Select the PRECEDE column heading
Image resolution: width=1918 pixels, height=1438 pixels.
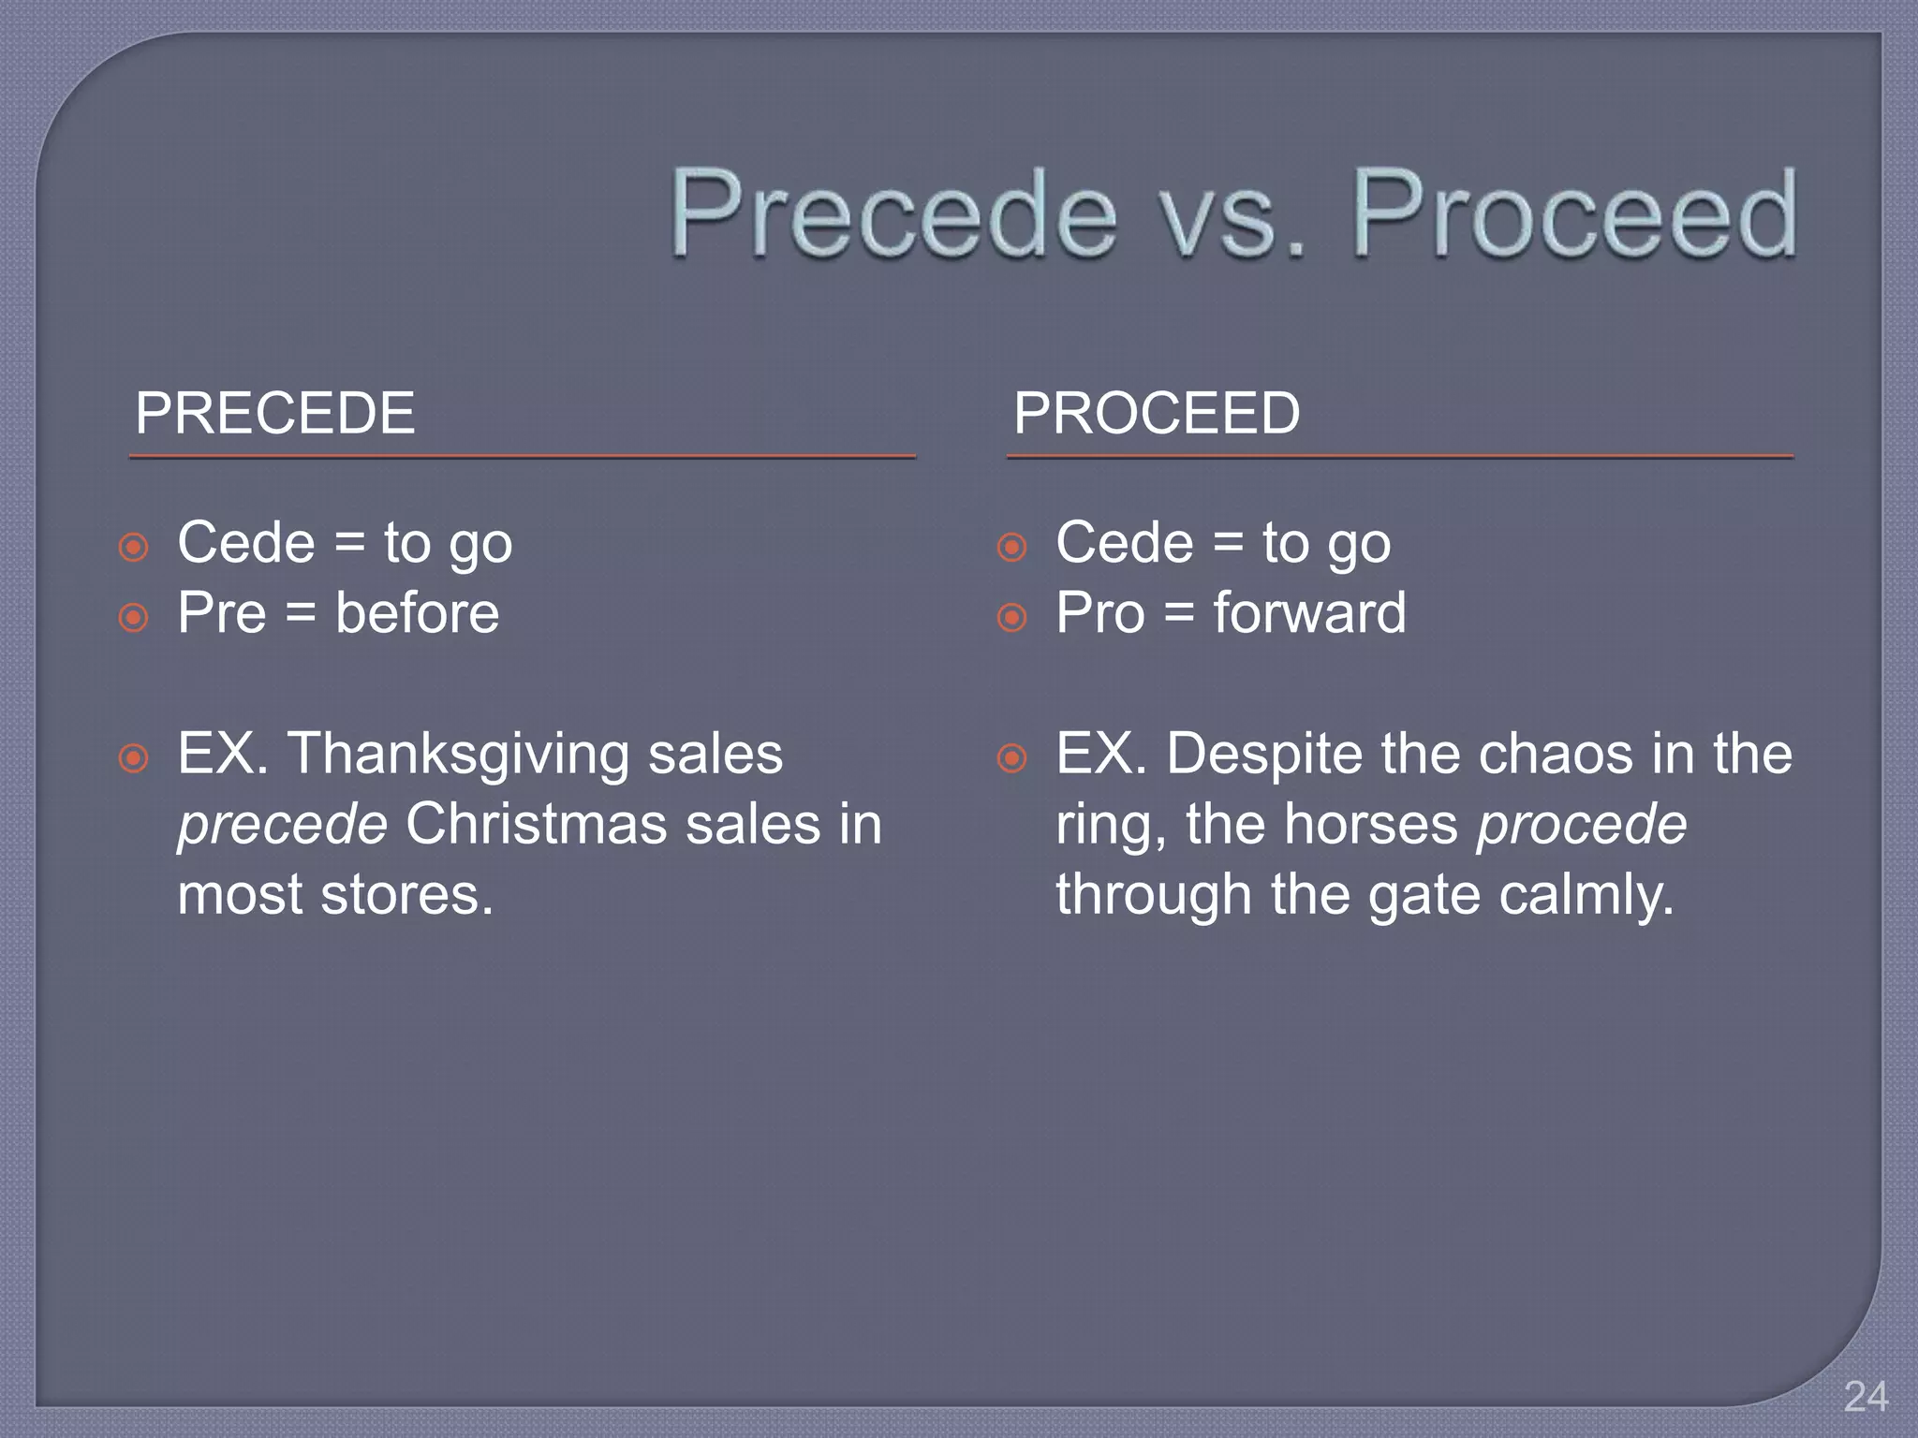click(274, 413)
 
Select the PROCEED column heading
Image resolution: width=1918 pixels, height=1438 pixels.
click(1157, 413)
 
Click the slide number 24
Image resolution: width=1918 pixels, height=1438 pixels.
click(1866, 1397)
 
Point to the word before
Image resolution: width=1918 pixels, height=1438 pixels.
click(418, 613)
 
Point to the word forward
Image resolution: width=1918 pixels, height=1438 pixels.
click(1309, 613)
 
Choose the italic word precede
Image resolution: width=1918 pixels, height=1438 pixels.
click(282, 826)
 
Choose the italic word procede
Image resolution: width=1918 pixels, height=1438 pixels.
click(1582, 825)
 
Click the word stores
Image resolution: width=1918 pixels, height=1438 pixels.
click(406, 895)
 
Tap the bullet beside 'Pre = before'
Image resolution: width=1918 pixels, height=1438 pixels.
click(134, 617)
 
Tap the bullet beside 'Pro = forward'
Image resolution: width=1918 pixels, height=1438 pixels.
click(1011, 617)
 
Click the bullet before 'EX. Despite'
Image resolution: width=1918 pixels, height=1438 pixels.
click(1011, 757)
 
